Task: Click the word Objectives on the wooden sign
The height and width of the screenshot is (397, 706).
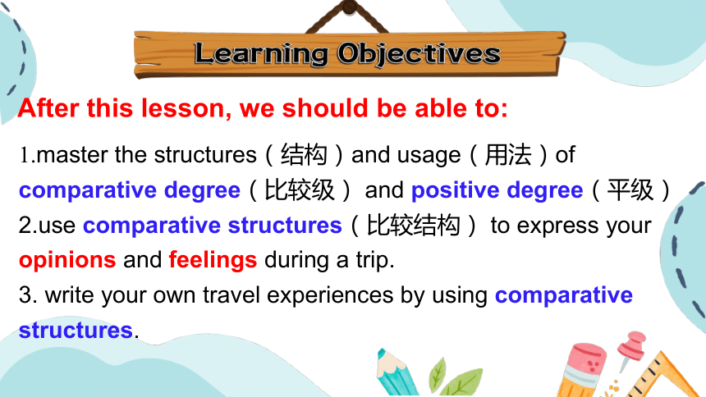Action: pyautogui.click(x=419, y=54)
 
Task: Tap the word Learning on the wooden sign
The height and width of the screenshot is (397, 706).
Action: pyautogui.click(x=261, y=54)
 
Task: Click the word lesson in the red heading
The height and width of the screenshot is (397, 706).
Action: pyautogui.click(x=186, y=108)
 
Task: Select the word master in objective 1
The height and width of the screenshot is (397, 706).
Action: pyautogui.click(x=72, y=155)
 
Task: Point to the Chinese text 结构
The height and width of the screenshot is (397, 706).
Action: pyautogui.click(x=304, y=155)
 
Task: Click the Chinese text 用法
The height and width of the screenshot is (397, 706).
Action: pyautogui.click(x=507, y=155)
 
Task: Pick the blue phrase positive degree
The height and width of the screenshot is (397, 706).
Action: pyautogui.click(x=497, y=190)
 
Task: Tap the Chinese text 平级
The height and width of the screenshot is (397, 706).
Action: pyautogui.click(x=630, y=190)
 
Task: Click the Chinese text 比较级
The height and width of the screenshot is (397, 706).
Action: pyautogui.click(x=300, y=190)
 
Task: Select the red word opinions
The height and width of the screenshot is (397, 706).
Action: pyautogui.click(x=67, y=261)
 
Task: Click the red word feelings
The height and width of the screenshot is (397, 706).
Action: pyautogui.click(x=213, y=261)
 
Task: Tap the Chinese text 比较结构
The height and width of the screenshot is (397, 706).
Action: pyautogui.click(x=413, y=225)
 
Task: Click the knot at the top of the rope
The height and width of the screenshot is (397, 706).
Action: pyautogui.click(x=349, y=7)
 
